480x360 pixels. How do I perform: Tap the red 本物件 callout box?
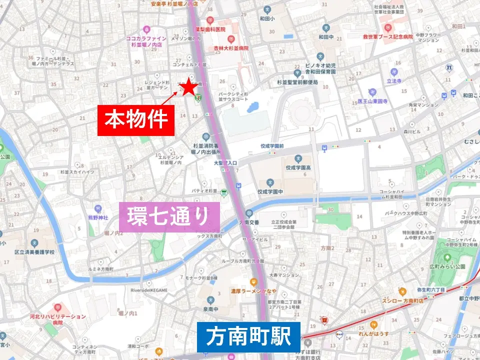pos(136,120)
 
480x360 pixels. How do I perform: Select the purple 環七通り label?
pos(169,217)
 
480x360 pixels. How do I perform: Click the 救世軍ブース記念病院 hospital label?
pos(387,36)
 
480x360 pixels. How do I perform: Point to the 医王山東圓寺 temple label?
pos(372,101)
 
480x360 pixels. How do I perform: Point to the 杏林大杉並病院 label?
pos(230,48)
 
